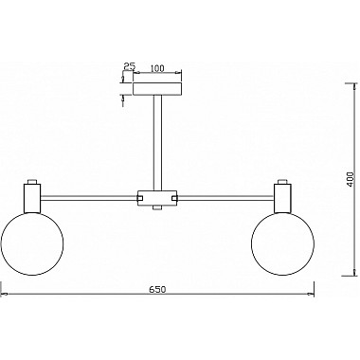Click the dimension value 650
157,289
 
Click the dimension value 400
351,179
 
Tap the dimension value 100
157,68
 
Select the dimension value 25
130,66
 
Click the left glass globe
32,243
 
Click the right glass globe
282,243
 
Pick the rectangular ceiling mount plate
157,89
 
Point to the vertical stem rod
157,143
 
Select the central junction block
157,198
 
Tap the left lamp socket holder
32,198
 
